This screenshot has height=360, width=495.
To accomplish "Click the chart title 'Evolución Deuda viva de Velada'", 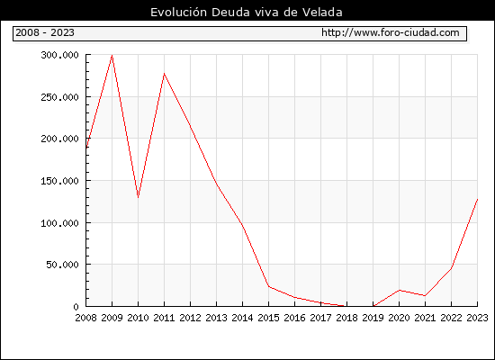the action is [247, 12].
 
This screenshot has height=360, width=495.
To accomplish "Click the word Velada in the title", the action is [322, 12].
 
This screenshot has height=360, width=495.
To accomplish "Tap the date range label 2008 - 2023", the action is [45, 32].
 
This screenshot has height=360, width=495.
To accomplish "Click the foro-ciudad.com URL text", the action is [391, 32].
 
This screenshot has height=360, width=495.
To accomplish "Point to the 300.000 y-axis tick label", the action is [59, 55].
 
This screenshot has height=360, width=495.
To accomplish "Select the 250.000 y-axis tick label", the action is [59, 97].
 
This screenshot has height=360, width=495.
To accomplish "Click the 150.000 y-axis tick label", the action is [59, 181].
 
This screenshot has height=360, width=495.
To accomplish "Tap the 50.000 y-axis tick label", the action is [62, 265].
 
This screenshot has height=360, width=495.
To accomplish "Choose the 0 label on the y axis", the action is [76, 307].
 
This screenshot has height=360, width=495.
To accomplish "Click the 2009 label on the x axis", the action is [112, 318].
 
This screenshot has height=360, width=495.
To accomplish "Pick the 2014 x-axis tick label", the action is [242, 318].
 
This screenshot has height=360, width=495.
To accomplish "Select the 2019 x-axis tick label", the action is [373, 318].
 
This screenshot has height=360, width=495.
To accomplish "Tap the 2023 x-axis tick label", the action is [477, 318].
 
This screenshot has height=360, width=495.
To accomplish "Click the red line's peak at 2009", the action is [112, 56].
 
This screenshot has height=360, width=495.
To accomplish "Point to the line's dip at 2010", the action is [139, 197].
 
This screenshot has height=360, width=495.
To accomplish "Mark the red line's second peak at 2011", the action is [164, 74].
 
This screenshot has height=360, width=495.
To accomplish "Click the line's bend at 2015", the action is [269, 286].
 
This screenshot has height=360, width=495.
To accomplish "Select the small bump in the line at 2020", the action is [400, 290].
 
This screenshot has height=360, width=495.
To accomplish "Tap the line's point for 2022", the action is [452, 268].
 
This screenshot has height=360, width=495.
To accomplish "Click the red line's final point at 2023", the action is [477, 200].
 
